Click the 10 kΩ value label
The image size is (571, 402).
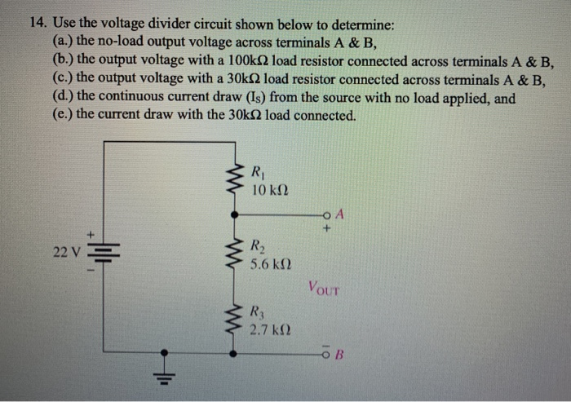pos(269,190)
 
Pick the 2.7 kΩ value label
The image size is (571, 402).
pos(270,331)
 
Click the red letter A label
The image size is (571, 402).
pos(340,215)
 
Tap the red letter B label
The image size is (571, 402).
pos(341,355)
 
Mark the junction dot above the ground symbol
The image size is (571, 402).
pos(165,353)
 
